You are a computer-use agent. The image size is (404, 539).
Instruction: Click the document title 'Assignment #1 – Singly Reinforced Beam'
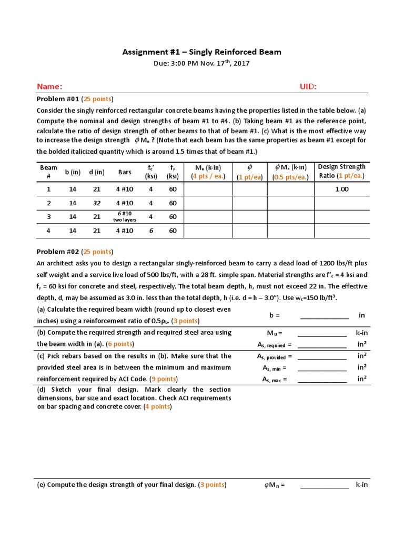[202, 52]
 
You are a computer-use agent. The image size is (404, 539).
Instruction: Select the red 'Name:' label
[49, 86]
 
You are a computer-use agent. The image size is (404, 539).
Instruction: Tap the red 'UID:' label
[308, 86]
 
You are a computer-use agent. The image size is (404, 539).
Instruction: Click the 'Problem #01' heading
[56, 99]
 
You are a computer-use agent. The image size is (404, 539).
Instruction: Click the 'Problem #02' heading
[56, 252]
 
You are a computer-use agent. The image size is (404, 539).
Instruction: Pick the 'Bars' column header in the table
[125, 172]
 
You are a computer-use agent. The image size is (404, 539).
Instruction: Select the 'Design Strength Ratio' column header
[341, 172]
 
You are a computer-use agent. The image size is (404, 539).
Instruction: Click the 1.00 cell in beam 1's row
[341, 189]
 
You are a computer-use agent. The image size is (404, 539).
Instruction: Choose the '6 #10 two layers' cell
[125, 216]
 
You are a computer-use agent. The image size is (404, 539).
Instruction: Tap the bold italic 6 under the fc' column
[150, 230]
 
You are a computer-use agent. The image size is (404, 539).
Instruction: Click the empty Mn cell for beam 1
[208, 189]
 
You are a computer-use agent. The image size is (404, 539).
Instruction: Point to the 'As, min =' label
[274, 368]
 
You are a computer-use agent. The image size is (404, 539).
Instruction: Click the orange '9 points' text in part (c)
[164, 379]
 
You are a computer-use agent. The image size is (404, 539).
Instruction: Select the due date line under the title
[202, 64]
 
